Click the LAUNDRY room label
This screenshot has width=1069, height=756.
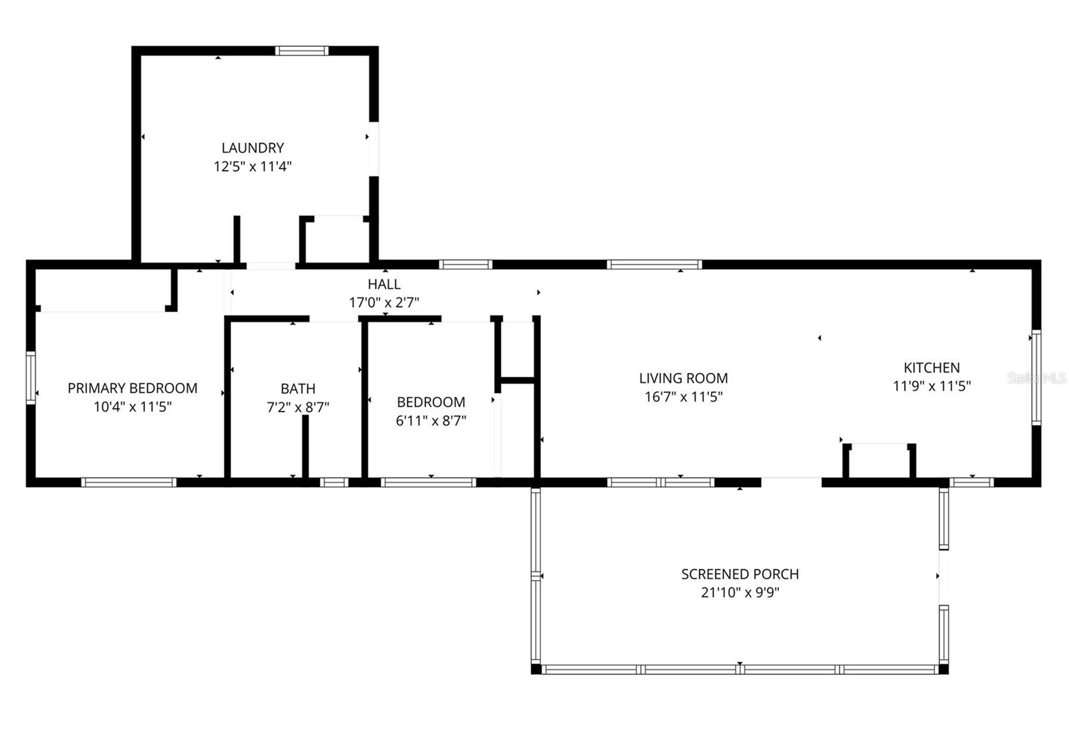click(253, 148)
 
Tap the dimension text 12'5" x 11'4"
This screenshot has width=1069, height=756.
click(253, 166)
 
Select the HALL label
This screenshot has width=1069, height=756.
click(384, 285)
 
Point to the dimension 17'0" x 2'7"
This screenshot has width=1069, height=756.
click(384, 303)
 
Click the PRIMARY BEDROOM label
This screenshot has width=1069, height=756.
click(132, 388)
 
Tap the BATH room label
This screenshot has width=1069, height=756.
click(298, 388)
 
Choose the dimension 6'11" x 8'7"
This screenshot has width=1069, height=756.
click(431, 420)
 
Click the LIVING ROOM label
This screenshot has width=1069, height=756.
click(683, 378)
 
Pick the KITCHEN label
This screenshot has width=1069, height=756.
click(931, 368)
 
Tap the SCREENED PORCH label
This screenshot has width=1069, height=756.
click(740, 574)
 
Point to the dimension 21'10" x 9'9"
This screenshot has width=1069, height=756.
click(740, 592)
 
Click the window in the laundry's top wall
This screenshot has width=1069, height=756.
click(302, 50)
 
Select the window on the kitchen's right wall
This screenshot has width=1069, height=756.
click(1036, 378)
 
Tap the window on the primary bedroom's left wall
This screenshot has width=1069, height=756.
click(30, 378)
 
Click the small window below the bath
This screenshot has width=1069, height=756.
click(334, 482)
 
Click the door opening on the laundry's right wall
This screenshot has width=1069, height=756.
click(374, 150)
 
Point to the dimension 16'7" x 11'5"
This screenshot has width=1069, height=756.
click(683, 397)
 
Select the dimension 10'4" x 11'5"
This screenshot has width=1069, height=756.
click(132, 406)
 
